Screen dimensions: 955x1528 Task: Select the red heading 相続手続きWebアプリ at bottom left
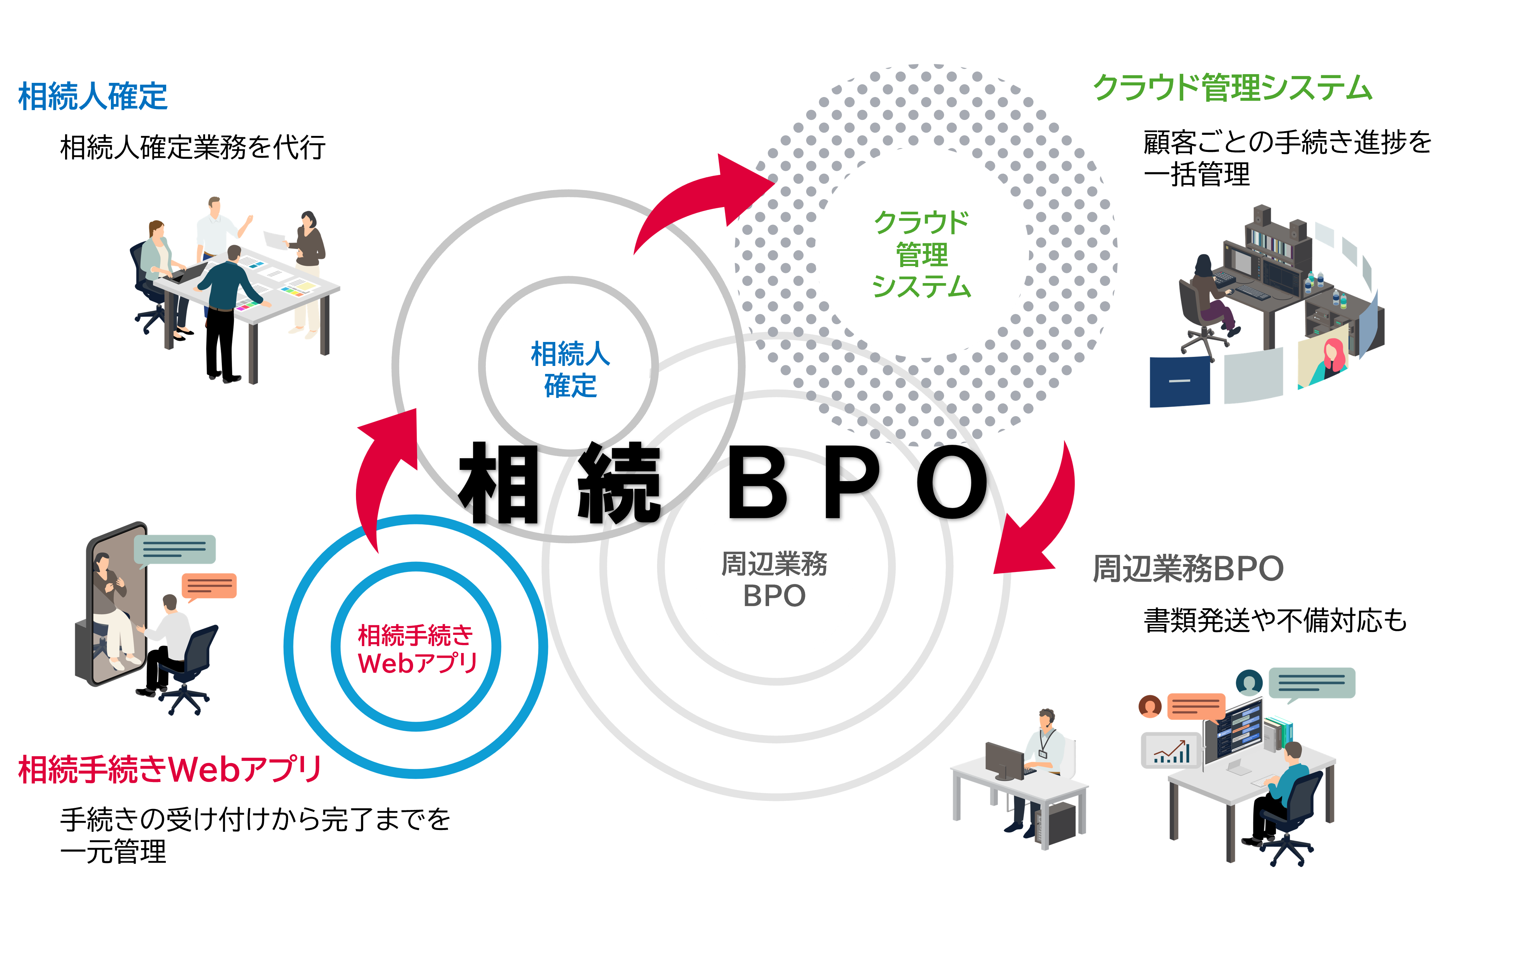point(170,769)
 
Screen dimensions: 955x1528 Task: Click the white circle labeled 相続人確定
point(570,370)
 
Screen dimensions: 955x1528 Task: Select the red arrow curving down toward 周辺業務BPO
point(1043,518)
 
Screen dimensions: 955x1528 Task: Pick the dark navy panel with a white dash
point(1179,382)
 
